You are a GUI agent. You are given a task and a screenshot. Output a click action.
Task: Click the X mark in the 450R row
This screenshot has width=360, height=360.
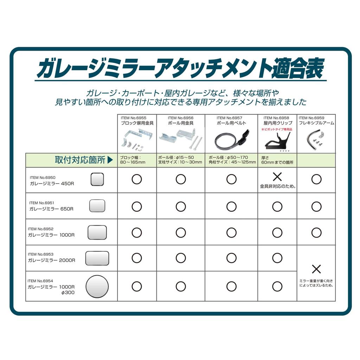(277, 177)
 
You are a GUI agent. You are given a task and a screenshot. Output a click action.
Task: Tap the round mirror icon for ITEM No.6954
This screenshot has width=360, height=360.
(97, 286)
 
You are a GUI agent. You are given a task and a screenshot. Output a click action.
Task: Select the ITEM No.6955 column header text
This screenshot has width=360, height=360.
(133, 118)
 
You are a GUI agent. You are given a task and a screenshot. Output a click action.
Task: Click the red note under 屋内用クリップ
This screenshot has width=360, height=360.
(277, 129)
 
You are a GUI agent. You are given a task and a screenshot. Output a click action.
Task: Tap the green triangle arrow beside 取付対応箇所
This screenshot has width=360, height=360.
(110, 160)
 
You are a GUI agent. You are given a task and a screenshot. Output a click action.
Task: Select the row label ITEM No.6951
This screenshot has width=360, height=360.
(41, 203)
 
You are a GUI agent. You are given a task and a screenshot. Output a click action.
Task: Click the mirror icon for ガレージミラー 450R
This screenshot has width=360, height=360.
(97, 179)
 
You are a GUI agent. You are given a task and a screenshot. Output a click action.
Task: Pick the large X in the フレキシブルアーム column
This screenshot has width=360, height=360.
(316, 269)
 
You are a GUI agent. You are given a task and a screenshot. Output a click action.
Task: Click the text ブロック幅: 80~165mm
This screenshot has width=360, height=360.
(133, 160)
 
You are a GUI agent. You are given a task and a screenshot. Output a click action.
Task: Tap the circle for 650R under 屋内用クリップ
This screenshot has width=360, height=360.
(277, 207)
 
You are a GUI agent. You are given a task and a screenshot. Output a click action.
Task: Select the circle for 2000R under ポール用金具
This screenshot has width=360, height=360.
(181, 258)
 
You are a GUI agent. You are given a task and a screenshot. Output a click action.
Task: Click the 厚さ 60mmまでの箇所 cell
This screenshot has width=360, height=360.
(277, 160)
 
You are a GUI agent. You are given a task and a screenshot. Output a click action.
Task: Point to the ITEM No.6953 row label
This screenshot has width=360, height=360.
(41, 254)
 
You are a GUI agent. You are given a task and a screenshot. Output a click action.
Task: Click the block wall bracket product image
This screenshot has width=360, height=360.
(136, 140)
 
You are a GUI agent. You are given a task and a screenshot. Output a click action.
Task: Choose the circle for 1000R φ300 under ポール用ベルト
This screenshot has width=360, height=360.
(231, 286)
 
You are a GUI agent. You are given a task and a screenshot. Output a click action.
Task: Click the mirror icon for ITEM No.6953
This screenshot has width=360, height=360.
(97, 258)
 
